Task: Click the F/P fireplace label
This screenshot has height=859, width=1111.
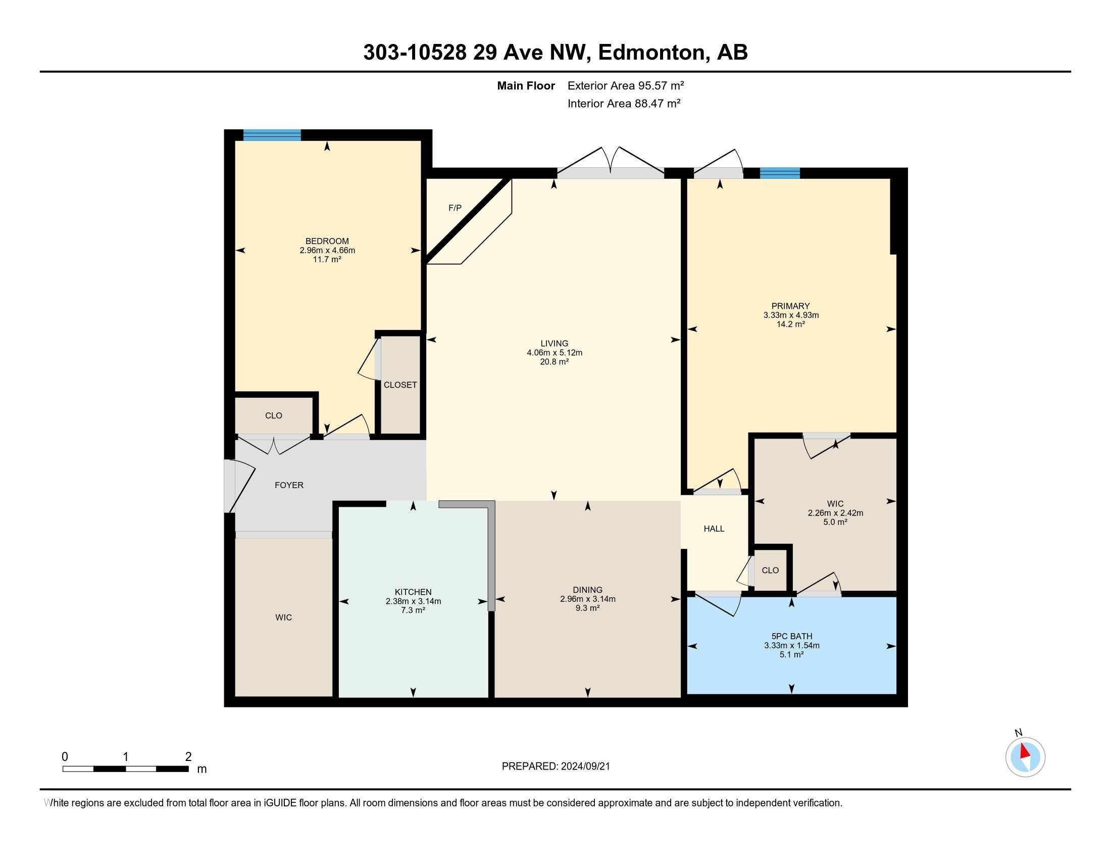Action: click(x=455, y=208)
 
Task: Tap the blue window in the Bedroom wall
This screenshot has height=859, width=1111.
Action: click(x=272, y=135)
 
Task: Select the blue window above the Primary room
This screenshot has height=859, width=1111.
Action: click(x=779, y=173)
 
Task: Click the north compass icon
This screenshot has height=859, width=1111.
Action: click(x=1025, y=757)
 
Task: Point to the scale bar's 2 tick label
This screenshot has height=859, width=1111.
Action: click(x=188, y=756)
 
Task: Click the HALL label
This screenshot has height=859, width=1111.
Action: click(x=714, y=529)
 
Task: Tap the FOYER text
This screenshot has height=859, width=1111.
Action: click(x=289, y=485)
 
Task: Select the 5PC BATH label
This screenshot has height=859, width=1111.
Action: click(x=791, y=636)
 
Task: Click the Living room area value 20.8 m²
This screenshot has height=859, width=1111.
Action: click(x=554, y=362)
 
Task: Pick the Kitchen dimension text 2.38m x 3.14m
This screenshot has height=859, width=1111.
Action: click(x=413, y=601)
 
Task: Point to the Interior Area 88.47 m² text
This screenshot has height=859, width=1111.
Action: click(x=624, y=103)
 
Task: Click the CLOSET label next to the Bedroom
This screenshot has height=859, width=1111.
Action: click(x=400, y=385)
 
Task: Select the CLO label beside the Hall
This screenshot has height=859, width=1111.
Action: click(x=770, y=570)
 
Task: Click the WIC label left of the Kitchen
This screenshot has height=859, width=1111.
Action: click(x=283, y=617)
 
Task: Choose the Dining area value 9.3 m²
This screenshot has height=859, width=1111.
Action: click(x=587, y=608)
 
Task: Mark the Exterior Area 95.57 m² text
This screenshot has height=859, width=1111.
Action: click(x=626, y=85)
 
